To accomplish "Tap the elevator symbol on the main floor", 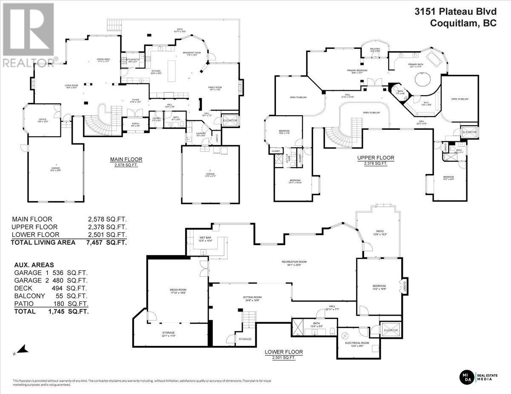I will (x=230, y=121).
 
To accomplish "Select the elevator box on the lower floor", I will (x=390, y=330).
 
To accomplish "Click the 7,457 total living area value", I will (x=95, y=243).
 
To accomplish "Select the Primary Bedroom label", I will (x=357, y=71).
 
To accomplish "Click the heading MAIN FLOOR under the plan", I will (x=126, y=160).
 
